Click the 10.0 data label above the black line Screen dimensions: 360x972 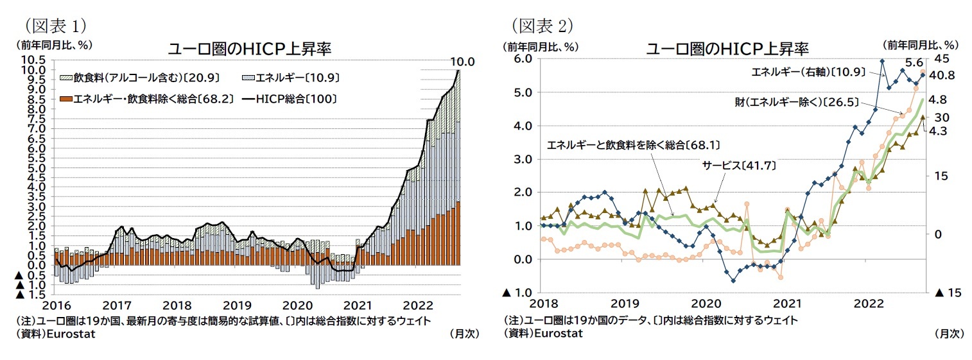point(462,62)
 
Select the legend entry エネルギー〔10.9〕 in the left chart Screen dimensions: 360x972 point(292,78)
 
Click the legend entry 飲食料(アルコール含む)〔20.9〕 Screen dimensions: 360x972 point(140,78)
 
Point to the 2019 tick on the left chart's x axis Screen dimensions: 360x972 point(238,305)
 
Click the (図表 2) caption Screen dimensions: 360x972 point(542,25)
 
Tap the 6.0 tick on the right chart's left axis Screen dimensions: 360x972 point(521,58)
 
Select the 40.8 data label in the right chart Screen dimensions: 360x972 point(943,75)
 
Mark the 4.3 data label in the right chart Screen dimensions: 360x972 point(942,131)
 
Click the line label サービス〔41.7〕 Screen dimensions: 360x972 point(738,166)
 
